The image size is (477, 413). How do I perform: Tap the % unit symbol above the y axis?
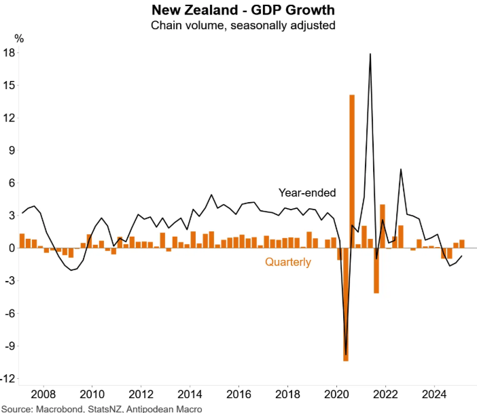(19, 39)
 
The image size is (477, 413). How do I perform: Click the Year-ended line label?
(307, 193)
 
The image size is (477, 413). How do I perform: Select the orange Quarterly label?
(288, 262)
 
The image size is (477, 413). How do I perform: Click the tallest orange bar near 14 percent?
(352, 170)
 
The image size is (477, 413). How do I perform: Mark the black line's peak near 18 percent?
(370, 54)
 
